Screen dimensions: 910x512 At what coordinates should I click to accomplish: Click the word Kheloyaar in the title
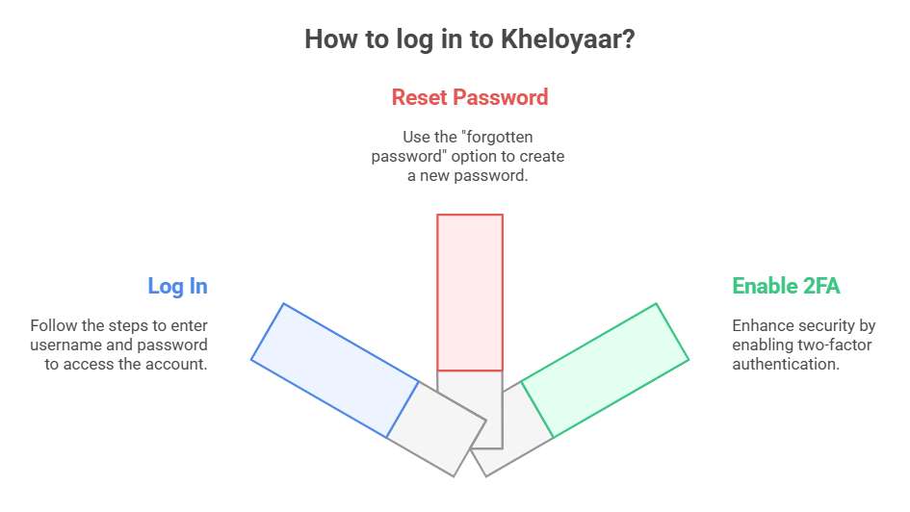click(567, 39)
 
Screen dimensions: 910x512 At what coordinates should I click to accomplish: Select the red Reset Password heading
click(470, 97)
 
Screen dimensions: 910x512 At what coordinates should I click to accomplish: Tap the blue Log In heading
click(177, 287)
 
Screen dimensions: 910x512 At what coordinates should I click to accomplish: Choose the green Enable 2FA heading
click(786, 286)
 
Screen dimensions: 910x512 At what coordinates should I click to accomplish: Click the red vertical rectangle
click(470, 293)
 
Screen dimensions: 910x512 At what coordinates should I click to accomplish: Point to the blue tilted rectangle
click(335, 370)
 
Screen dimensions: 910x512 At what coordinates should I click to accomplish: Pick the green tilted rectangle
click(605, 370)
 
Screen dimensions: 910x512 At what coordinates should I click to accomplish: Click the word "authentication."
click(786, 364)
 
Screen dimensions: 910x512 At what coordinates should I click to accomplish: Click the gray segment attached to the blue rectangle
click(436, 429)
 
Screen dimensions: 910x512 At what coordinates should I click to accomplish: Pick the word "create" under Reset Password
click(542, 157)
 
